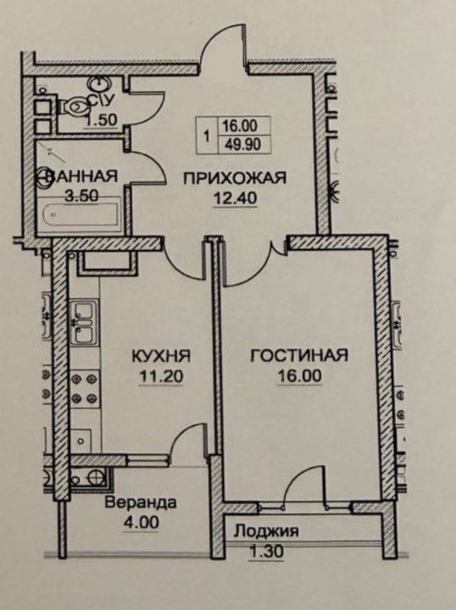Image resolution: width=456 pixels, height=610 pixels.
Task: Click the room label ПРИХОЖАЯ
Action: [235, 178]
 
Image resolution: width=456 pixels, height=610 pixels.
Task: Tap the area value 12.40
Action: [235, 198]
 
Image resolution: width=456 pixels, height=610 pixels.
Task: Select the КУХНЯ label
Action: [161, 356]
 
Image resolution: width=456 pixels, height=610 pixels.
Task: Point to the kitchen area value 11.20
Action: [161, 376]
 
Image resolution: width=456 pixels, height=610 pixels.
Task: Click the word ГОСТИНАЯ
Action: [299, 355]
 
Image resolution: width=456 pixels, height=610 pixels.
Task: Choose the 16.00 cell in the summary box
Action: [240, 125]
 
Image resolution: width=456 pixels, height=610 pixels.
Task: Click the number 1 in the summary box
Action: [207, 136]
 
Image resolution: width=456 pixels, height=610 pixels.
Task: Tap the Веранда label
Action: [141, 502]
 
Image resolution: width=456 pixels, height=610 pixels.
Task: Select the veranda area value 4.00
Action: [141, 522]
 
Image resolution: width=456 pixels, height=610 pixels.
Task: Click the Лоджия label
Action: [267, 531]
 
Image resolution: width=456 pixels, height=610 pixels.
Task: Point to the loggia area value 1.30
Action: [266, 552]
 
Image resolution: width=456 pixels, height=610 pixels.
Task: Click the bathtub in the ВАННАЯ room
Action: [81, 215]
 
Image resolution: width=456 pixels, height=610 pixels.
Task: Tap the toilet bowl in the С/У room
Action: [75, 106]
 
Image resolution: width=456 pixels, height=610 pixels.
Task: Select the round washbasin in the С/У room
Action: [98, 83]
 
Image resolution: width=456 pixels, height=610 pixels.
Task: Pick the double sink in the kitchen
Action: [82, 323]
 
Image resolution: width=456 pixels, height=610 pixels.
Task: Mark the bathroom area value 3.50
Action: [81, 196]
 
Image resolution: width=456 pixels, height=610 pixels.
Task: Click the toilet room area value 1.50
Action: [101, 119]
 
